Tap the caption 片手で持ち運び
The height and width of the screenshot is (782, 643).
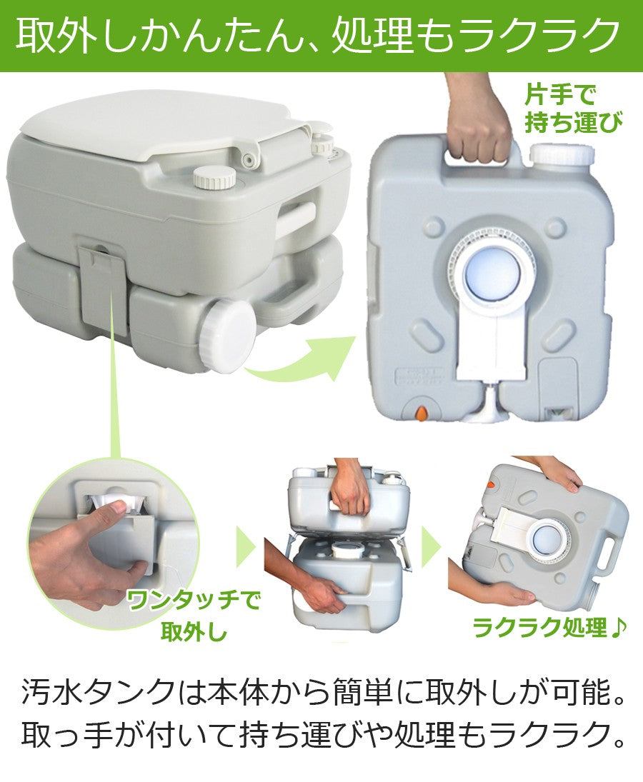[573, 108]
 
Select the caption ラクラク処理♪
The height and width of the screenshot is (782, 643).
[549, 626]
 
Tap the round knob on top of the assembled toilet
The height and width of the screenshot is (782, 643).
[214, 178]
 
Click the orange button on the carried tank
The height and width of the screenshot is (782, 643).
[422, 413]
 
